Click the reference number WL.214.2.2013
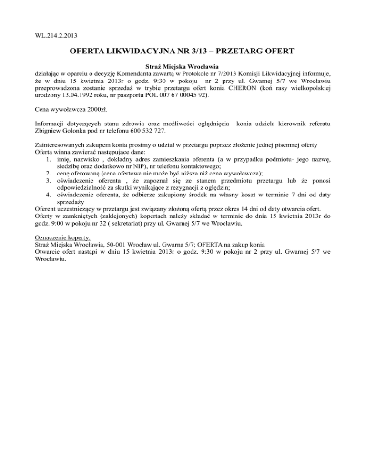[57, 35]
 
